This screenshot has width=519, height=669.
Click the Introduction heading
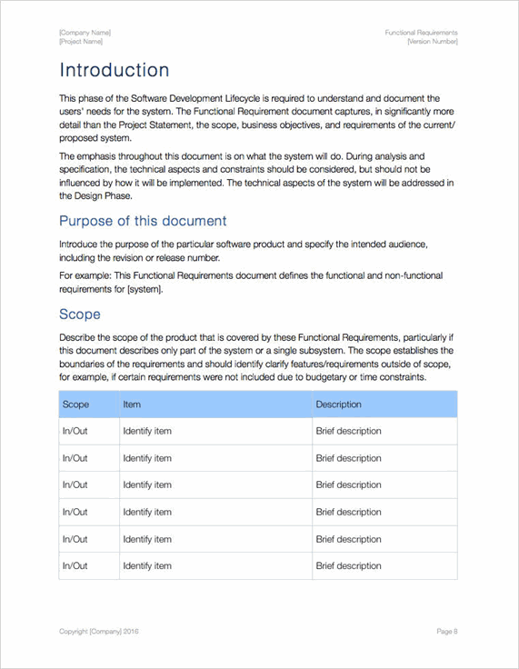click(x=115, y=70)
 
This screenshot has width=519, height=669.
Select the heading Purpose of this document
click(x=143, y=221)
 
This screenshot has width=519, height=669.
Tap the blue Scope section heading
click(x=80, y=315)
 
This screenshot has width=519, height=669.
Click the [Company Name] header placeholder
click(x=85, y=33)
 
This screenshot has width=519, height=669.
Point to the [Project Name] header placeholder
click(x=81, y=42)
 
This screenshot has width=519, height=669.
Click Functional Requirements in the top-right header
click(x=421, y=33)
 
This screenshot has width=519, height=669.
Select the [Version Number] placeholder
click(x=433, y=42)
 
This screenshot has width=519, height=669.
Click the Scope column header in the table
click(x=75, y=404)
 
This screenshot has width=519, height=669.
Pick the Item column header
click(x=132, y=404)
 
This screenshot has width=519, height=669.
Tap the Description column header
click(x=338, y=404)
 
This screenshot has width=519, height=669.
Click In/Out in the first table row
click(x=75, y=431)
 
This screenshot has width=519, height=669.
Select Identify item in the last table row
click(x=147, y=565)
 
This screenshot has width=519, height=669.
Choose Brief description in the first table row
click(x=348, y=431)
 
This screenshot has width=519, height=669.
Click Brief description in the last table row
click(x=348, y=565)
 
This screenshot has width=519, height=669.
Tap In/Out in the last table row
click(x=75, y=565)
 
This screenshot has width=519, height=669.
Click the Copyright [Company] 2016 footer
click(x=99, y=631)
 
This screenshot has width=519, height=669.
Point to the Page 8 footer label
click(x=446, y=631)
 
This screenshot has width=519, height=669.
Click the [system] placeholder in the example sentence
click(x=145, y=289)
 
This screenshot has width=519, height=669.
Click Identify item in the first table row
click(x=147, y=431)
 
